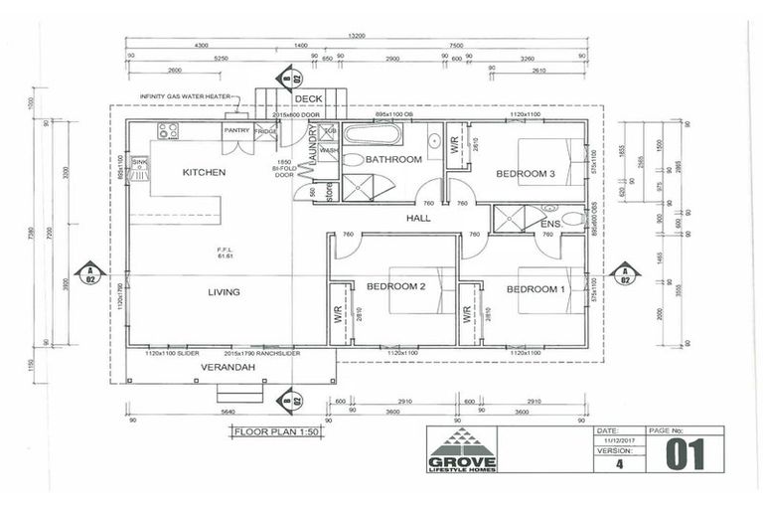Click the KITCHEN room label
coord(204,172)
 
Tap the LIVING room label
coord(224,291)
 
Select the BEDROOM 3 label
coord(526,173)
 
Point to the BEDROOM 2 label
coord(395,286)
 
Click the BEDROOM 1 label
coord(535,289)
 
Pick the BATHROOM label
coord(393,159)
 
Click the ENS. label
coord(551,225)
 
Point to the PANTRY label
coord(236,130)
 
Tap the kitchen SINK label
coord(139,161)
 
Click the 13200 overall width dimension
coord(355,36)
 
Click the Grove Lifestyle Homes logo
coord(462,450)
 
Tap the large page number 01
coord(686,453)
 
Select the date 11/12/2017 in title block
coord(610,439)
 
